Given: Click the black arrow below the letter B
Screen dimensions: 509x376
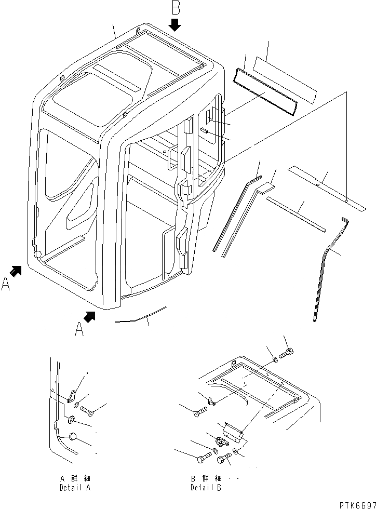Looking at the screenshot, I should coord(175,24).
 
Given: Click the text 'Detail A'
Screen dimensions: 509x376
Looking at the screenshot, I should coord(75,489).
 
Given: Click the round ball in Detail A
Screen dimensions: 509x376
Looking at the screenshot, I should coord(73,437).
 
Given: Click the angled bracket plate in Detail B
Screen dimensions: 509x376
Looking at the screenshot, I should coord(231,429).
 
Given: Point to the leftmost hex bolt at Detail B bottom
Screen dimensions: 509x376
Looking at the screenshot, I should coord(203,459).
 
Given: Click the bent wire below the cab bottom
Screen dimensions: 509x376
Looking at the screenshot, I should coord(140,317).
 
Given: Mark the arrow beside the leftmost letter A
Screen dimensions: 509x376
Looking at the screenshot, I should coord(17,270).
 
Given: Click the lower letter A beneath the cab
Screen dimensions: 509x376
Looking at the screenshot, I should coord(79,329).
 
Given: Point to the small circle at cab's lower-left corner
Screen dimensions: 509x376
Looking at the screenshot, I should coord(38,253).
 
